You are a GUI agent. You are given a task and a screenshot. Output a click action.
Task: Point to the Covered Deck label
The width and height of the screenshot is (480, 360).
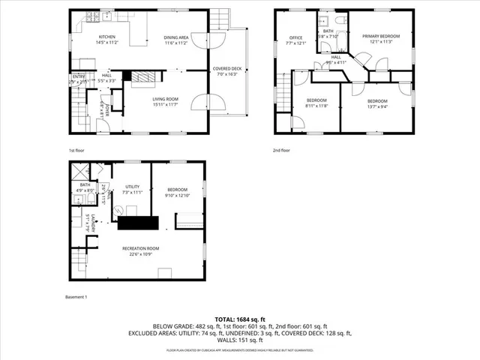[226, 69]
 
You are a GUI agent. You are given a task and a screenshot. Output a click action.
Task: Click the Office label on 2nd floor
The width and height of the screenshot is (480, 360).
[296, 37]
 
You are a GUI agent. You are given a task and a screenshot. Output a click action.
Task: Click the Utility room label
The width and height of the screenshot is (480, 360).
[133, 187]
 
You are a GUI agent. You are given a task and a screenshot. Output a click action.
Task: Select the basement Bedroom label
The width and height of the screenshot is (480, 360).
[177, 190]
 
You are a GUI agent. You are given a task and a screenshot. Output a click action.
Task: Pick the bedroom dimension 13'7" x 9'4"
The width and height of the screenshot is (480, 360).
[376, 106]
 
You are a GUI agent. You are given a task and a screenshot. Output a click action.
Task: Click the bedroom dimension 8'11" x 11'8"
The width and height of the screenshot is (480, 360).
[317, 106]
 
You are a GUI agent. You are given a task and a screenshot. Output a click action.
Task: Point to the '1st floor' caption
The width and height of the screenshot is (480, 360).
[76, 150]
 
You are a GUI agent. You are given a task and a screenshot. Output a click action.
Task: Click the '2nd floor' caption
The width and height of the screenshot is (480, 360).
[281, 150]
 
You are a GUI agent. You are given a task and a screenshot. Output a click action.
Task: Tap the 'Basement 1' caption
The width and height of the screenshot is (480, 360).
[76, 297]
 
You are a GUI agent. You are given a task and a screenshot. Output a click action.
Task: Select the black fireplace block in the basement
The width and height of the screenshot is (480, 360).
[136, 222]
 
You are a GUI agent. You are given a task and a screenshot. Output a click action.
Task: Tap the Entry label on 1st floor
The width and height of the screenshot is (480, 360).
[78, 76]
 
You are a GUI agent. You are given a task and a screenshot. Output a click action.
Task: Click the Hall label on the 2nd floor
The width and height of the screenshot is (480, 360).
[336, 57]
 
